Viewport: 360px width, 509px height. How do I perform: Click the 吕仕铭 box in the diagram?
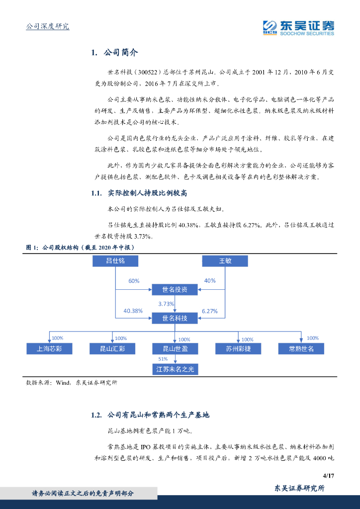115,261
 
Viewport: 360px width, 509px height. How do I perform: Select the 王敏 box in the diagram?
225,261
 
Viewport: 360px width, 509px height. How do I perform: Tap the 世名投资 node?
175,290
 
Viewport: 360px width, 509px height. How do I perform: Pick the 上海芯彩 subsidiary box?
49,348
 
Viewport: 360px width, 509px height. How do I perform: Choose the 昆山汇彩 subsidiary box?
112,348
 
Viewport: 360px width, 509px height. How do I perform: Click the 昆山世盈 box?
176,348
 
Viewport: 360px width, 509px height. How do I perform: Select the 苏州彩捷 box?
239,348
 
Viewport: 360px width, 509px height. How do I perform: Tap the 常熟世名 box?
302,348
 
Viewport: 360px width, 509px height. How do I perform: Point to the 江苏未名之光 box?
176,369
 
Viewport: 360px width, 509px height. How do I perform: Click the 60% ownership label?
134,281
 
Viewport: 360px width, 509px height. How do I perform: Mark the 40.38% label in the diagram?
133,311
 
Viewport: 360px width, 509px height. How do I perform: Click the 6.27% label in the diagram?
210,311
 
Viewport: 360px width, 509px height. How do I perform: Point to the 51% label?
163,359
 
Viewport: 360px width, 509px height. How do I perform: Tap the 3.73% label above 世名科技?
166,304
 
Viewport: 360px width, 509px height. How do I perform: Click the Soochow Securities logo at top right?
298,27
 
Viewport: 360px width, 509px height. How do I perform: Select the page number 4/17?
328,475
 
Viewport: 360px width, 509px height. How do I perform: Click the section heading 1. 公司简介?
115,53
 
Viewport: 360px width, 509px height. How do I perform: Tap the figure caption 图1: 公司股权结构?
80,247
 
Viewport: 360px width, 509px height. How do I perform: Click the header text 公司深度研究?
47,26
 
